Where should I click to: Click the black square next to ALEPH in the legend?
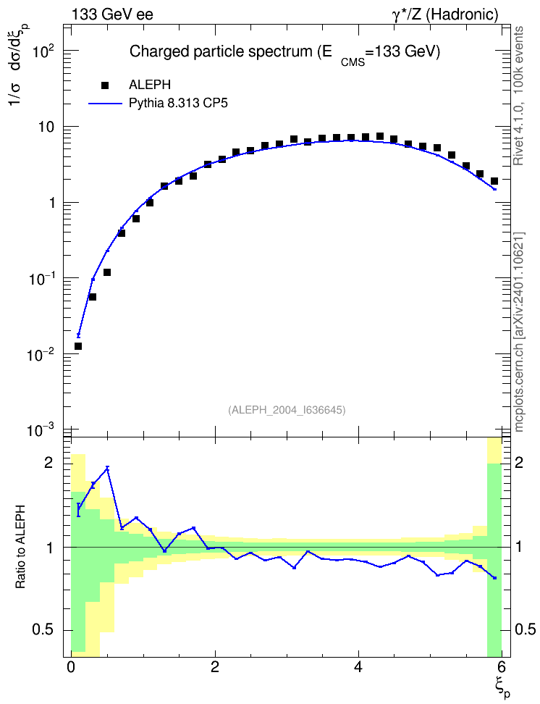[x=106, y=85]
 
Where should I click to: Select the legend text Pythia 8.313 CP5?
[x=178, y=104]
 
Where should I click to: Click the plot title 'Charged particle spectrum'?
[x=221, y=51]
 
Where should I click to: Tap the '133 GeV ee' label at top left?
[x=112, y=14]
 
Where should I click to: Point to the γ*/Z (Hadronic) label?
[x=445, y=14]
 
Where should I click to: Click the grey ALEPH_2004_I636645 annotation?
[x=287, y=410]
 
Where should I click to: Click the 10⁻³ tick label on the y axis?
[x=41, y=429]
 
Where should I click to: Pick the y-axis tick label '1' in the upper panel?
[x=51, y=203]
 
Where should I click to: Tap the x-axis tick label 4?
[x=358, y=666]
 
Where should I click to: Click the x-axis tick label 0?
[x=70, y=666]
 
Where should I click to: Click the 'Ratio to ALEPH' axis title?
[x=20, y=547]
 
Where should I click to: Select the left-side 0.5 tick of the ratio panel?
[x=43, y=630]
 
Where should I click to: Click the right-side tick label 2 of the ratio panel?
[x=519, y=462]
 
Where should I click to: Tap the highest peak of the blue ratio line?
[x=107, y=468]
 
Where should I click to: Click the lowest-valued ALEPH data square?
[x=78, y=346]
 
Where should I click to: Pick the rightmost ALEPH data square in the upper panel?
[x=494, y=181]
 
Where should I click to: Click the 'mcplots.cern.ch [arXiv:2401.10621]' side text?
[x=519, y=332]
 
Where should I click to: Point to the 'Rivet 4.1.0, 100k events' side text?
[x=518, y=96]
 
